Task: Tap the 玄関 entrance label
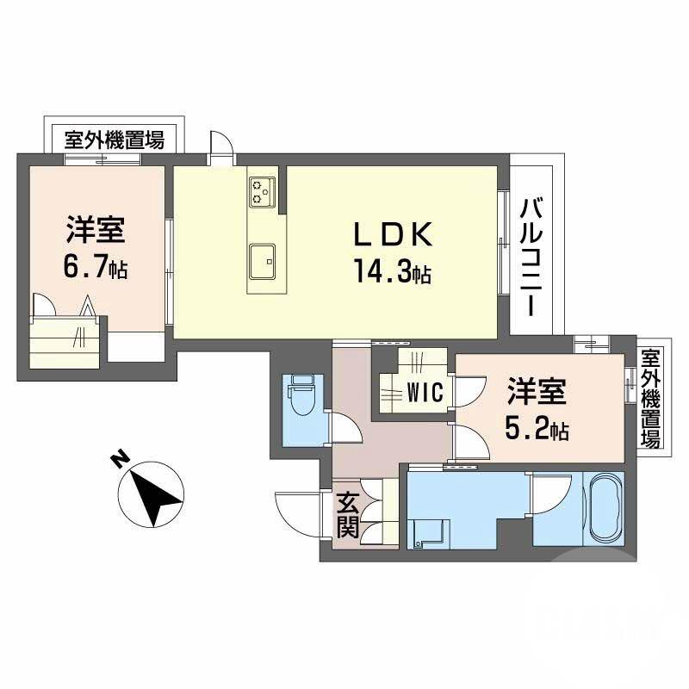click(348, 514)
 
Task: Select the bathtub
click(602, 508)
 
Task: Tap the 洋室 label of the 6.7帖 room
click(95, 231)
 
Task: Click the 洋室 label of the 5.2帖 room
click(535, 393)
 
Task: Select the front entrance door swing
click(297, 512)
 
